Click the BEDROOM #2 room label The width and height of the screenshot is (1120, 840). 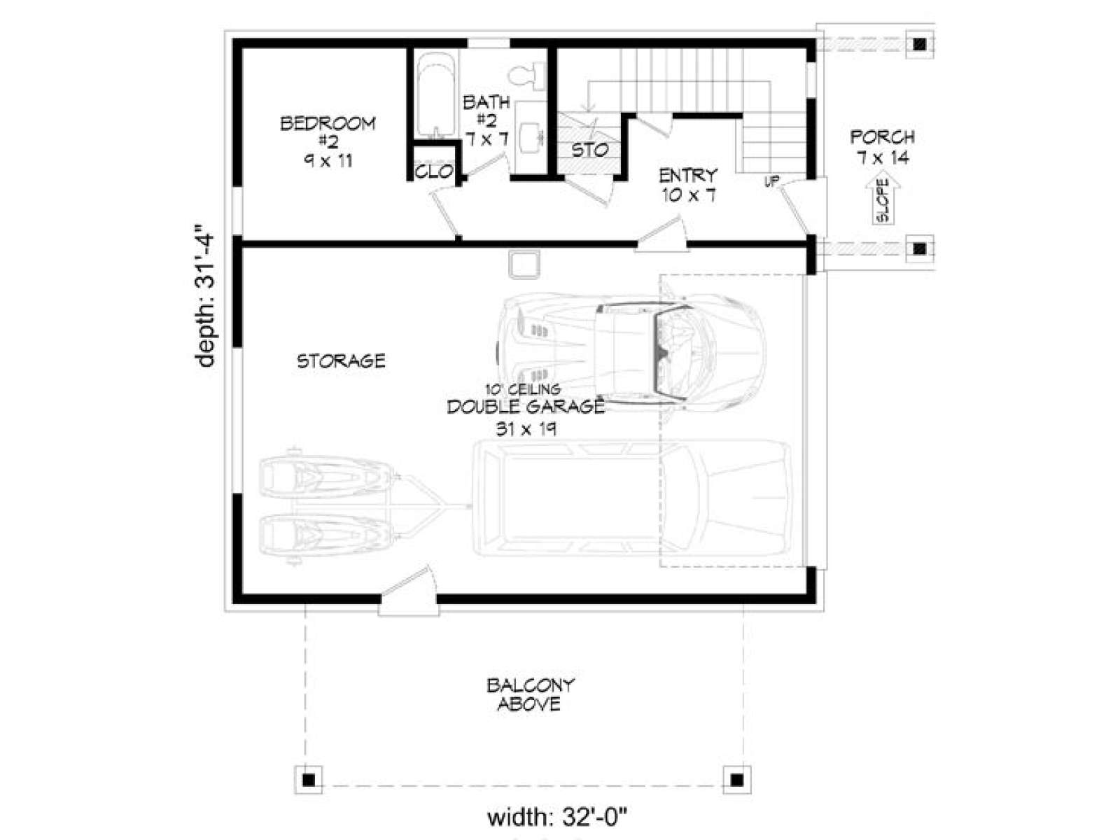[x=328, y=142]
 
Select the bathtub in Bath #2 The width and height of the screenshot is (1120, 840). [x=436, y=95]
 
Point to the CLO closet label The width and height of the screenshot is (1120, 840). [x=434, y=172]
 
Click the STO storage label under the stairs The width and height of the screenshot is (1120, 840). [x=590, y=150]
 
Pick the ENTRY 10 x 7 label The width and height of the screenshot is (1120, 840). [x=689, y=185]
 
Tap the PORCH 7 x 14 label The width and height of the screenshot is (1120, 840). [x=882, y=147]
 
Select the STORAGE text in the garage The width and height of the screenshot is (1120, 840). [x=341, y=361]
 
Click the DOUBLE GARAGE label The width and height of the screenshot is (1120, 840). [x=526, y=407]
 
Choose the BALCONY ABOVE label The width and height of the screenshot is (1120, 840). [x=530, y=694]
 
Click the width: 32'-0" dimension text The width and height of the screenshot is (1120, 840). [x=556, y=818]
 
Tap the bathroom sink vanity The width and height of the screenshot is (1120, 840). [x=531, y=136]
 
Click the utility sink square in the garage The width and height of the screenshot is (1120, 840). [x=524, y=264]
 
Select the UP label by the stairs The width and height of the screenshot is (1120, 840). [x=771, y=181]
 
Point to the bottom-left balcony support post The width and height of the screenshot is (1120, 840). [x=308, y=794]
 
